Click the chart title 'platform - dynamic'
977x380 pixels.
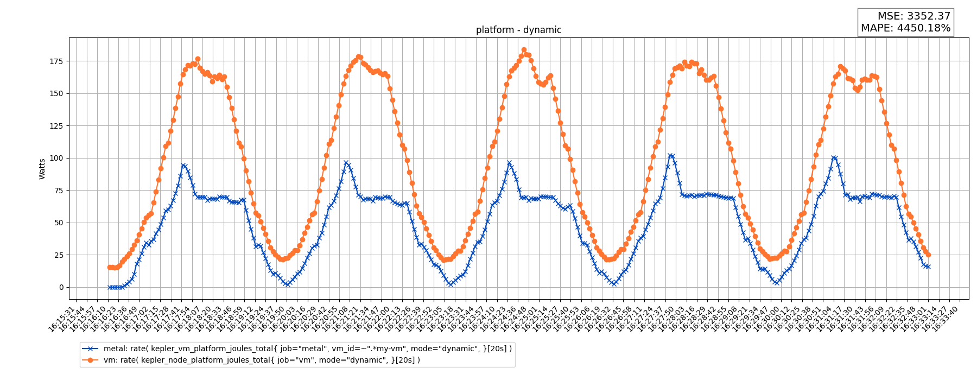[518, 30]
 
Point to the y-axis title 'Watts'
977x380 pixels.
[42, 169]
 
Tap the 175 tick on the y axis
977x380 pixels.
[56, 61]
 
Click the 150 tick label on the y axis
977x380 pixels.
[56, 93]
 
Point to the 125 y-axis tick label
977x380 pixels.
[56, 126]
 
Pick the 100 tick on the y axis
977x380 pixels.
[56, 158]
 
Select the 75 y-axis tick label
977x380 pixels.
[58, 191]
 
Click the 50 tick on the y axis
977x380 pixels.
[58, 223]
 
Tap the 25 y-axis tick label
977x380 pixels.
[58, 255]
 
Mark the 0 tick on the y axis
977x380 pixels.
[61, 287]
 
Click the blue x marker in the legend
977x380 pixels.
[91, 349]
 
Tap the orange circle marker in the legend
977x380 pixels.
[91, 360]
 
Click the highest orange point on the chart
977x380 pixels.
[524, 50]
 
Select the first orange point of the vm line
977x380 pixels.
[110, 267]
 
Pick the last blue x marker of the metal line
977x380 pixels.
[928, 267]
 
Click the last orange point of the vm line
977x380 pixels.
[928, 255]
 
